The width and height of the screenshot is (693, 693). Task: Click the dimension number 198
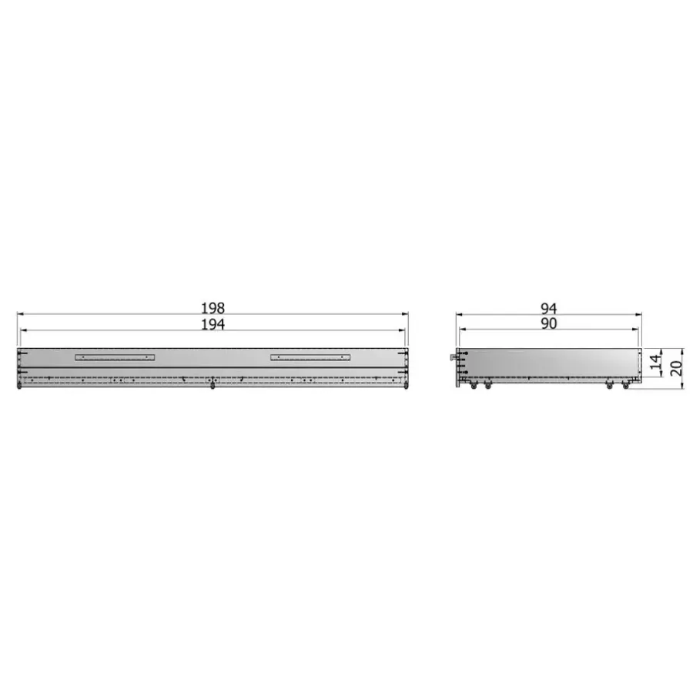pyautogui.click(x=213, y=307)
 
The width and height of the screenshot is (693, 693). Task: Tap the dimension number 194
pyautogui.click(x=213, y=324)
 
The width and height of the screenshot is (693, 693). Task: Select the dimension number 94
pyautogui.click(x=548, y=308)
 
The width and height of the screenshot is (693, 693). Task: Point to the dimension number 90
pyautogui.click(x=548, y=323)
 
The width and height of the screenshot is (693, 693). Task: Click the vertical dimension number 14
pyautogui.click(x=656, y=362)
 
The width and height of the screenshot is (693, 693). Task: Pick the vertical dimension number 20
pyautogui.click(x=676, y=368)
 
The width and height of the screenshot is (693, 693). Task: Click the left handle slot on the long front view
pyautogui.click(x=115, y=357)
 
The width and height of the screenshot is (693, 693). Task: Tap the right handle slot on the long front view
pyautogui.click(x=310, y=357)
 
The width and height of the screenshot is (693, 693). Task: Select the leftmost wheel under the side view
pyautogui.click(x=474, y=386)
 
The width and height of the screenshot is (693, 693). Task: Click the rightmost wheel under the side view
pyautogui.click(x=625, y=386)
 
